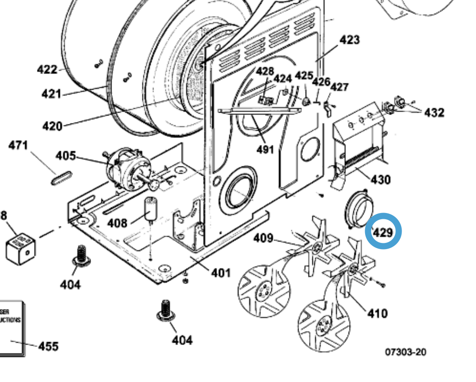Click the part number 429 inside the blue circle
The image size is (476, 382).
point(383,233)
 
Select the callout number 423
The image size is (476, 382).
point(349,40)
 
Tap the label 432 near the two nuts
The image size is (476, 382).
point(434,113)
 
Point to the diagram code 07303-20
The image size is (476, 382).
point(405,352)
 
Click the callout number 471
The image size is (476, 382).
point(18,146)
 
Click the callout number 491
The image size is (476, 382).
point(265,149)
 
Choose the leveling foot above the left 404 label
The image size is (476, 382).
point(81,256)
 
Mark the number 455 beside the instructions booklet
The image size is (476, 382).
point(48,346)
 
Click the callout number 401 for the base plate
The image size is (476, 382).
point(221,273)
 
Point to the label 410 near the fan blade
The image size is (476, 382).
point(377,313)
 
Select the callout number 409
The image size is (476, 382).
point(263,238)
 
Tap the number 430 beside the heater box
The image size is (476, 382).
point(380,180)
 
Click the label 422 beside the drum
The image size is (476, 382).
point(47,69)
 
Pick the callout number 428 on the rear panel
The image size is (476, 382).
point(265,71)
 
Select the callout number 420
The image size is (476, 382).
point(52,125)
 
